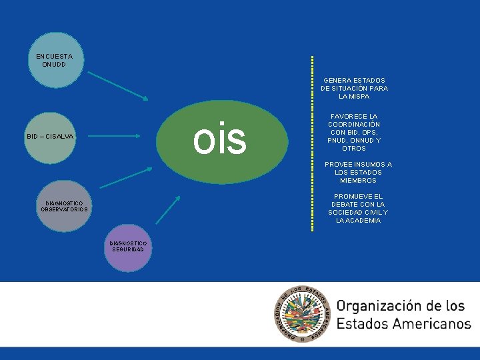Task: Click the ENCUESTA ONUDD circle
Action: pos(59,61)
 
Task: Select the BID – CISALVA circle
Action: pos(51,136)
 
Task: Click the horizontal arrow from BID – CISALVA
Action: pos(114,136)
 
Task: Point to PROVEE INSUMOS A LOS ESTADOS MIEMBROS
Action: pos(358,172)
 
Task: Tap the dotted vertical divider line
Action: pos(312,143)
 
